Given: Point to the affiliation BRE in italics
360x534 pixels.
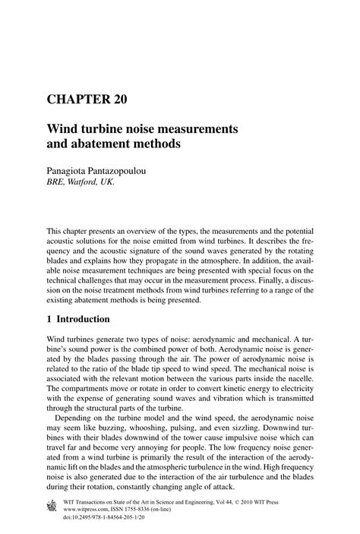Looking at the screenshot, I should coord(58,183).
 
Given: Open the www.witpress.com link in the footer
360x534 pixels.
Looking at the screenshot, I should coord(90,511).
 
